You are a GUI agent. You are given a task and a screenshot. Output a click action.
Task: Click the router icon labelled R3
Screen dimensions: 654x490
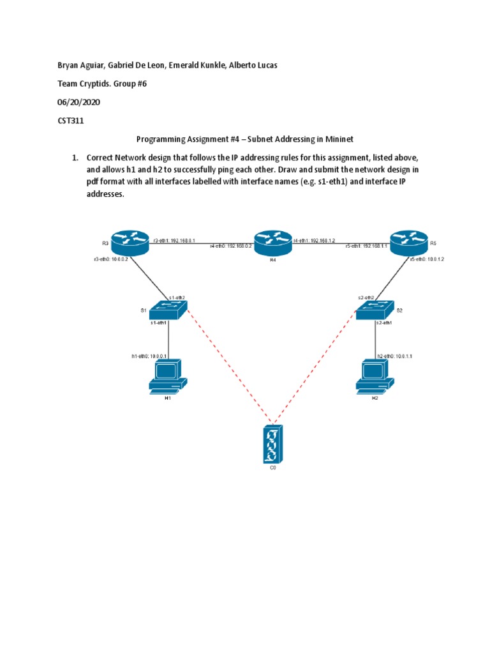pyautogui.click(x=130, y=241)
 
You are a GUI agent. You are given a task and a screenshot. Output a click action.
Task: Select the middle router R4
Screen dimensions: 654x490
pyautogui.click(x=272, y=241)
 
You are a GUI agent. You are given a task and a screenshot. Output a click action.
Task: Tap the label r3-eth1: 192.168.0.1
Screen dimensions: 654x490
pyautogui.click(x=174, y=240)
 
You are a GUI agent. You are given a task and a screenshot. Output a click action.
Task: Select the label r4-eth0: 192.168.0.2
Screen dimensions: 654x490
pyautogui.click(x=231, y=245)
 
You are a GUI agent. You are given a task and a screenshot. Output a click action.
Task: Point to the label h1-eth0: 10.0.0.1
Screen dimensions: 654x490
pyautogui.click(x=149, y=356)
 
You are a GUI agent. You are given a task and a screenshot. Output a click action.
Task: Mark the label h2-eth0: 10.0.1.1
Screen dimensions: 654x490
pyautogui.click(x=395, y=356)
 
